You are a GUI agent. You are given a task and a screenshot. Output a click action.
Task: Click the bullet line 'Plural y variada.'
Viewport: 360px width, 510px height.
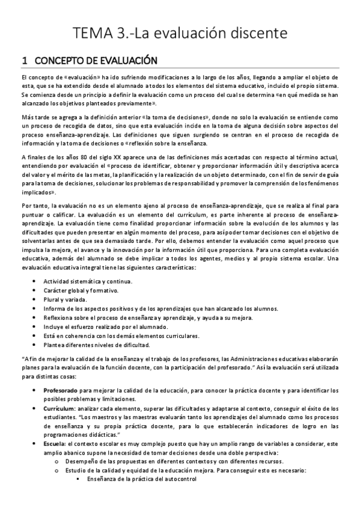[x=65, y=300]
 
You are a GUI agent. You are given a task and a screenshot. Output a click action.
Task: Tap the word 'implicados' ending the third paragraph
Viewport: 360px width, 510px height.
[x=37, y=193]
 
